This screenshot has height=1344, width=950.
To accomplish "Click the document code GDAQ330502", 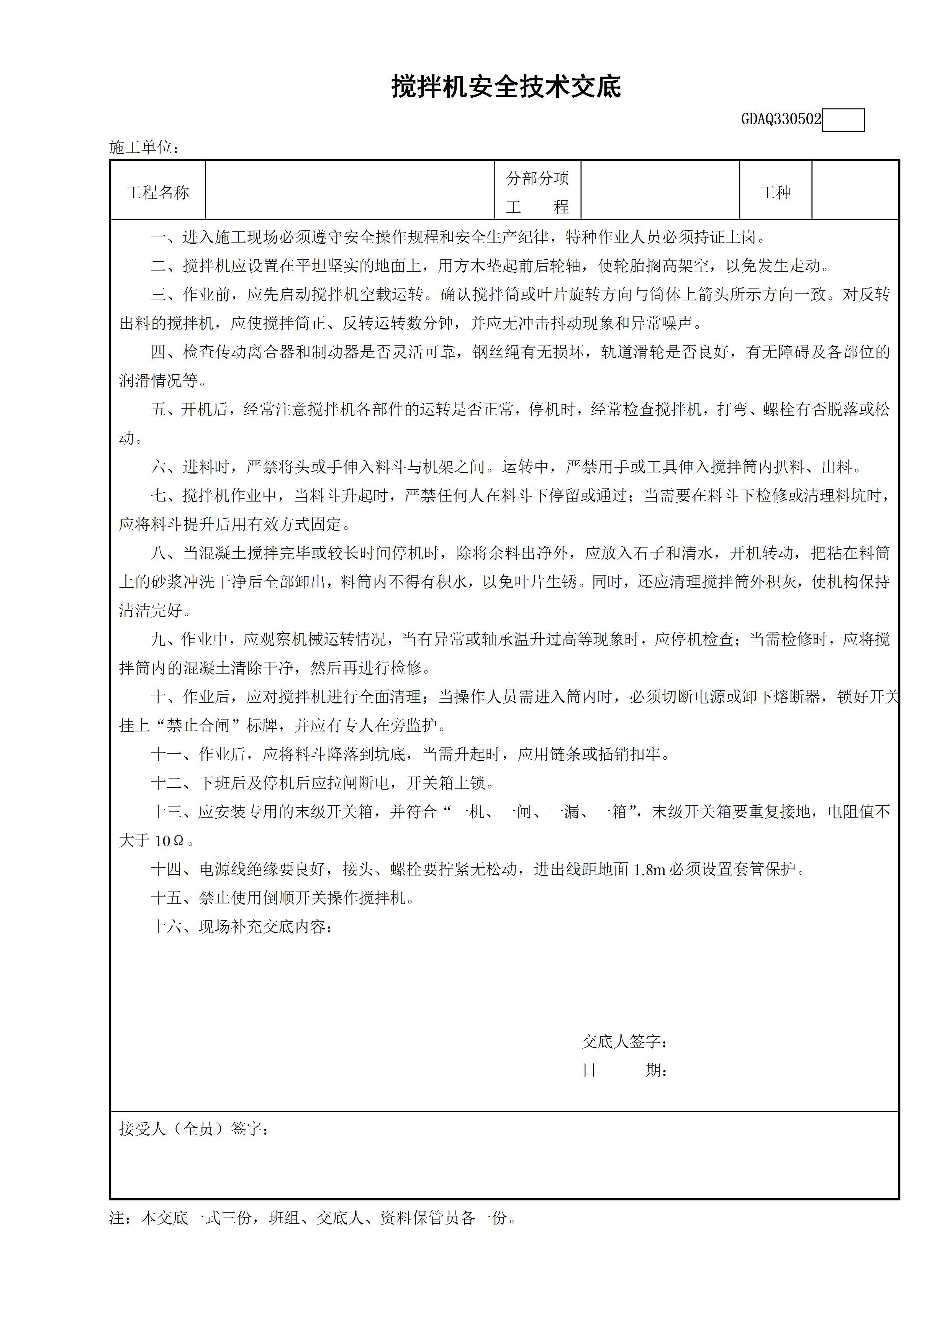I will click(781, 120).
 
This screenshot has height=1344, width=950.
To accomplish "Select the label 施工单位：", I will click(144, 148).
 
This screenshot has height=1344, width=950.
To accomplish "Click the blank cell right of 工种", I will click(855, 191).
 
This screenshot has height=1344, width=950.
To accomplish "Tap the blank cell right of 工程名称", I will click(349, 191).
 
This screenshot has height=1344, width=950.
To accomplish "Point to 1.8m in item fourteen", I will click(650, 869).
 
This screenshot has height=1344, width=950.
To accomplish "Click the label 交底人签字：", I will click(624, 1041).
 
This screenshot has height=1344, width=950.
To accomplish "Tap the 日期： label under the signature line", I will click(624, 1070).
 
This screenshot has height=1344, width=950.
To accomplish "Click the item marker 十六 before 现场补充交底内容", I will click(167, 927).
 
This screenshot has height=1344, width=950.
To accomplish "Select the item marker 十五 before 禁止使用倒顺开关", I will click(167, 898).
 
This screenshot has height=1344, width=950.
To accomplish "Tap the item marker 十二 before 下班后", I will click(167, 783).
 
